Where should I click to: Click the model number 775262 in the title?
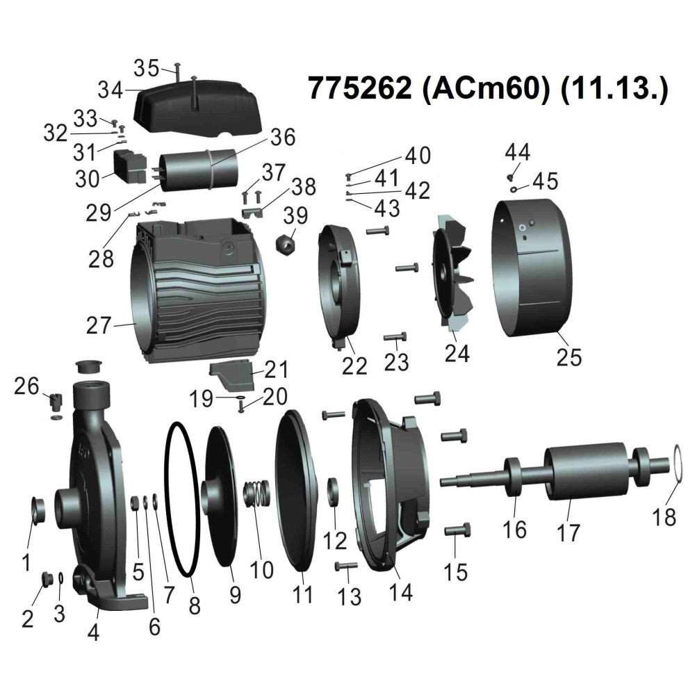[359, 88]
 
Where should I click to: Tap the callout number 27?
[99, 326]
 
